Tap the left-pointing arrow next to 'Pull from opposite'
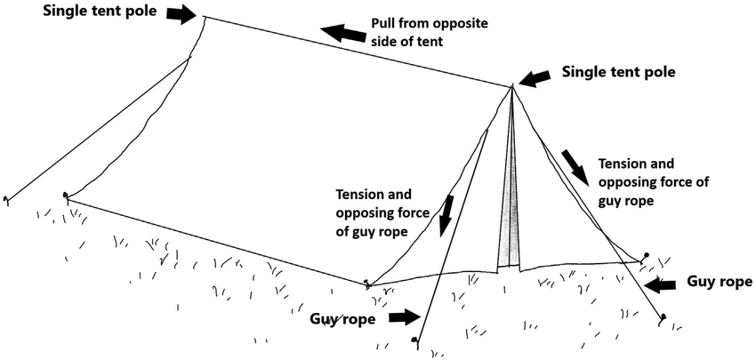pyautogui.click(x=343, y=33)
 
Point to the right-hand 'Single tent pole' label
pyautogui.click(x=621, y=73)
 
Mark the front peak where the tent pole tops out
pyautogui.click(x=513, y=86)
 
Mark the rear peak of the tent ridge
pyautogui.click(x=205, y=17)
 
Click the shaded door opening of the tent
pyautogui.click(x=509, y=213)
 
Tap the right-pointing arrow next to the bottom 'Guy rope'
pyautogui.click(x=405, y=316)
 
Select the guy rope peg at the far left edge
pyautogui.click(x=6, y=199)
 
